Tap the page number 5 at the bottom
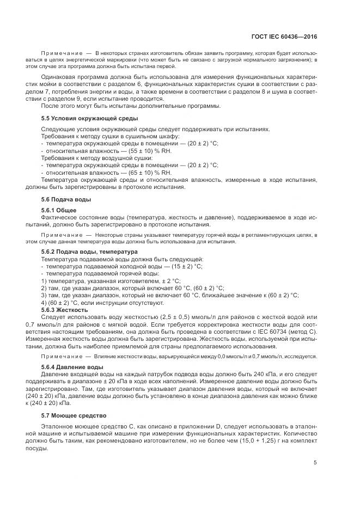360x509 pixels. pos(315,463)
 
